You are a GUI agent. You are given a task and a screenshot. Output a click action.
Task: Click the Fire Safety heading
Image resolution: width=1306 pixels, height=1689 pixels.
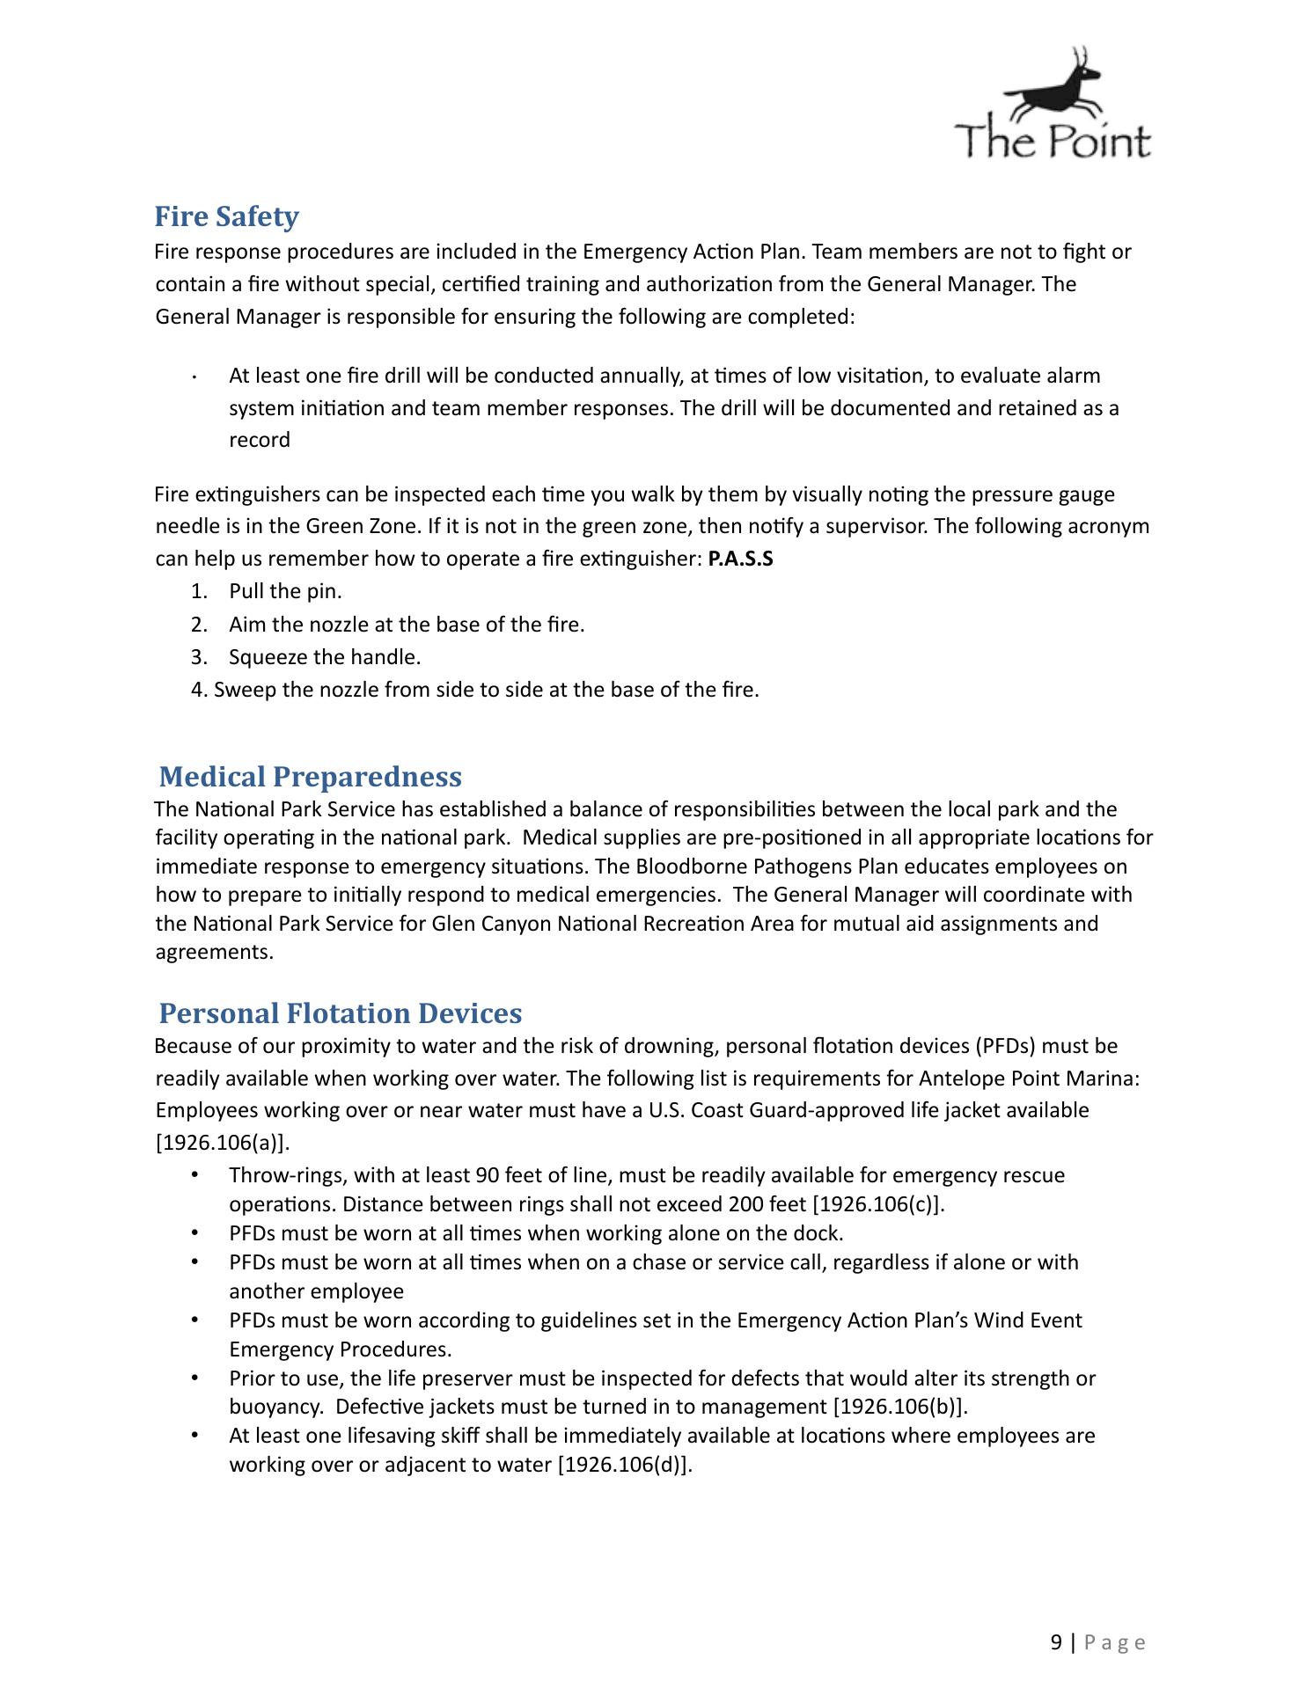click(x=226, y=216)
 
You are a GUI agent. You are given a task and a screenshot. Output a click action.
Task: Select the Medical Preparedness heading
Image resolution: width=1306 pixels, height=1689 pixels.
click(x=310, y=777)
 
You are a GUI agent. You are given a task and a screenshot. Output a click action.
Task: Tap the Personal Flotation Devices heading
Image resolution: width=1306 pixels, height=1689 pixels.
click(x=340, y=1013)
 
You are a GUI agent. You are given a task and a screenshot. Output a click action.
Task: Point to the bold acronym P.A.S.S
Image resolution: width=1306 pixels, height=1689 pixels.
click(x=740, y=559)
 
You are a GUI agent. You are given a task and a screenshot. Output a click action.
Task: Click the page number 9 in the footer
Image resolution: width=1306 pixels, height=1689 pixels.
click(x=1056, y=1642)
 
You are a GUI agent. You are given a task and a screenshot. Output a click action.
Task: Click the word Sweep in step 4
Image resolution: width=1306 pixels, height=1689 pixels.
click(x=241, y=690)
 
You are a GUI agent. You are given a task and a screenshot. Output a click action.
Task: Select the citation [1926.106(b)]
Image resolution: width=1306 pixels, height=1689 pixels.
click(x=899, y=1407)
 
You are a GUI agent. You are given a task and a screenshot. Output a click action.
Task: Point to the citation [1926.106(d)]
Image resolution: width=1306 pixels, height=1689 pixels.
click(x=625, y=1465)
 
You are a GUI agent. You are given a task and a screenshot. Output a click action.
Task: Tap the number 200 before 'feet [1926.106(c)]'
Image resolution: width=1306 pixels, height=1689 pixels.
click(x=746, y=1204)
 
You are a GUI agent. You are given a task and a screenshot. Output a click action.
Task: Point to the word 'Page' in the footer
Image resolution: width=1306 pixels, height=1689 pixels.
click(x=1114, y=1642)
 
